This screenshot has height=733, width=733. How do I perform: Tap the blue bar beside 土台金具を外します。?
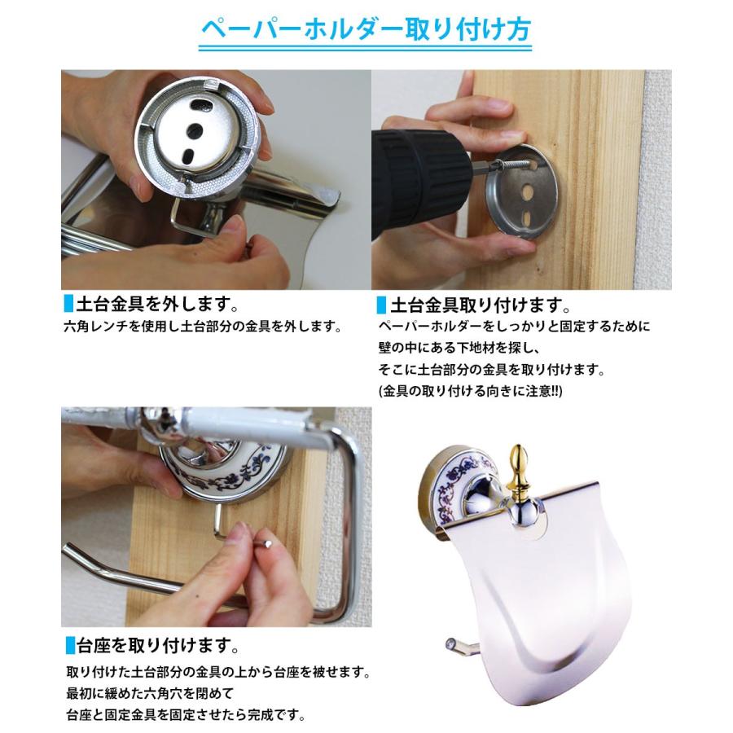pyautogui.click(x=67, y=307)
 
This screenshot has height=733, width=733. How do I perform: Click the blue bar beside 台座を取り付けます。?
pyautogui.click(x=67, y=648)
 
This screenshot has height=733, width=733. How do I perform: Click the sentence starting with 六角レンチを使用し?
pyautogui.click(x=201, y=327)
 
